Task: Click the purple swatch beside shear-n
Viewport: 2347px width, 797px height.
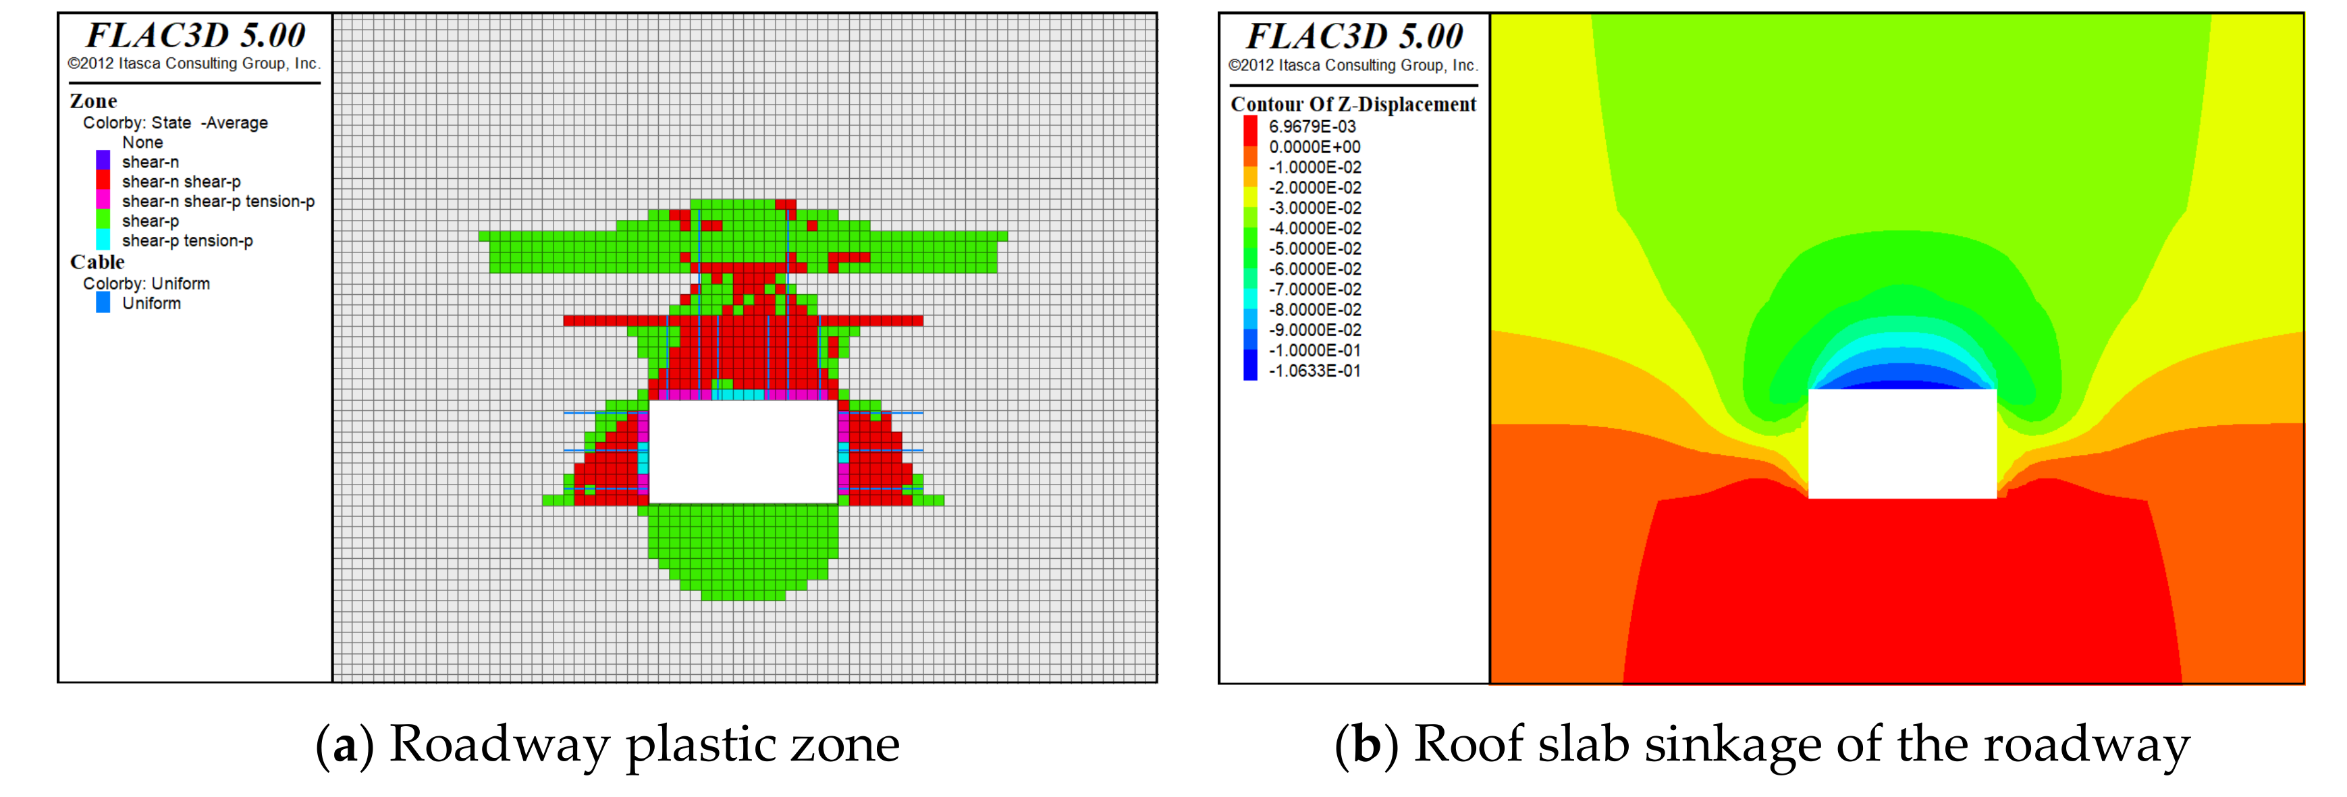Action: (x=103, y=161)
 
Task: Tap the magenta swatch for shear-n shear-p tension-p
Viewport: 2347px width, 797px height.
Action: (x=103, y=200)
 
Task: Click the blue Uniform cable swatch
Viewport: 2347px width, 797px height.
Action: (x=103, y=302)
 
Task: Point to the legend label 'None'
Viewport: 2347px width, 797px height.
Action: (x=143, y=142)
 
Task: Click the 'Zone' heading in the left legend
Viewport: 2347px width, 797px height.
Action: (x=93, y=101)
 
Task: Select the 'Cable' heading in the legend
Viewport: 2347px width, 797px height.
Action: (x=97, y=263)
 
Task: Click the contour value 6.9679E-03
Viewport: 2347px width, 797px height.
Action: (x=1312, y=127)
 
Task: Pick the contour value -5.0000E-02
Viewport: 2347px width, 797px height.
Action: (x=1315, y=248)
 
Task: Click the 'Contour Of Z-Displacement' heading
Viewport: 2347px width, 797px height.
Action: (x=1353, y=105)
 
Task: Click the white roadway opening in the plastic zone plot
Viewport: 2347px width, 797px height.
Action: (x=743, y=451)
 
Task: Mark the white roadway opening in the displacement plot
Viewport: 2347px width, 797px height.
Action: (x=1901, y=443)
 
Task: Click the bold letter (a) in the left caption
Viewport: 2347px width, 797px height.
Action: (x=344, y=746)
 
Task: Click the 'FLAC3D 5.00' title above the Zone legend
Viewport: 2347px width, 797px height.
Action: (x=195, y=36)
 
